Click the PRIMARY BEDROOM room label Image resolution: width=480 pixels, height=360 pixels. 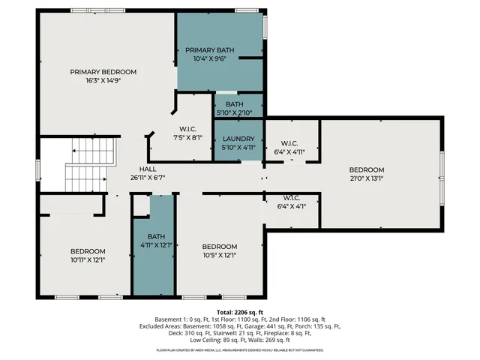tap(103, 72)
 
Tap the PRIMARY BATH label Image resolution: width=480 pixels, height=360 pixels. tap(210, 50)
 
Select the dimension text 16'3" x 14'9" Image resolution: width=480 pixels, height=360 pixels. tap(103, 80)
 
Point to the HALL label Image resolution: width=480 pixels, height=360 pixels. tap(147, 169)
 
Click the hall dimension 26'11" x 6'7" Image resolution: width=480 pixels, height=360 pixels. tap(147, 178)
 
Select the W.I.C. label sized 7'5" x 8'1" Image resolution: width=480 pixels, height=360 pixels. tap(187, 128)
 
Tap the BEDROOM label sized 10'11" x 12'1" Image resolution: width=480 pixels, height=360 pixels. tap(88, 251)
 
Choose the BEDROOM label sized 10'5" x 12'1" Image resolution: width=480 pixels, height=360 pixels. tap(220, 247)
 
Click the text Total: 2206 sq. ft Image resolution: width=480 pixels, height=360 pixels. tap(240, 312)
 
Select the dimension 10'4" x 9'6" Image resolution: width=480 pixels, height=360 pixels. tap(210, 58)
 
